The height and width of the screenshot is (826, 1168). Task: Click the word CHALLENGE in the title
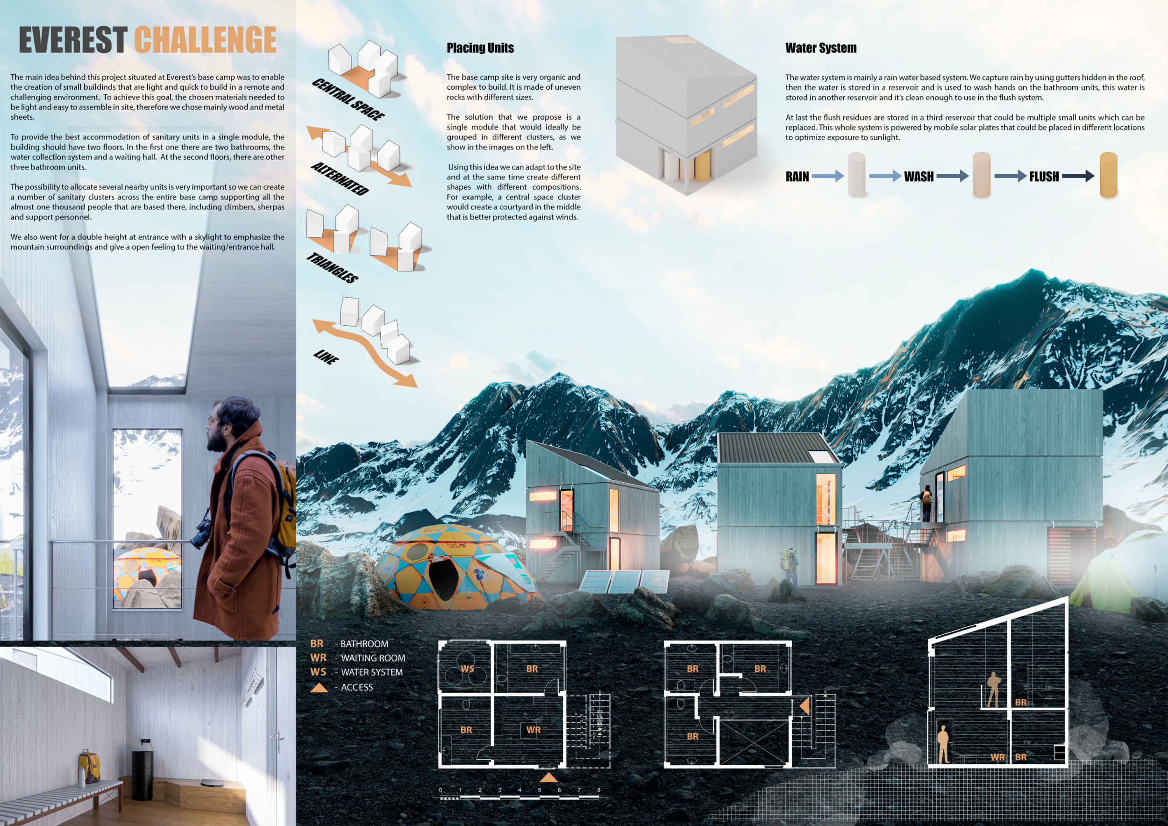(x=206, y=40)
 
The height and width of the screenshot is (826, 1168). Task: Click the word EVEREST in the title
(x=73, y=40)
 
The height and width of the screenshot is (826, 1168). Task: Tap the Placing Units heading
(x=480, y=48)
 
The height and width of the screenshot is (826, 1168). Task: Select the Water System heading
(x=820, y=48)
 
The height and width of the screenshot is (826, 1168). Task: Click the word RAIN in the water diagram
(x=797, y=177)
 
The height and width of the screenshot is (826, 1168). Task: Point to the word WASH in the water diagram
(x=919, y=177)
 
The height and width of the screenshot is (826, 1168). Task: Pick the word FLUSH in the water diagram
(x=1044, y=177)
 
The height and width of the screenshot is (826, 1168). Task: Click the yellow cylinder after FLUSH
(x=1109, y=174)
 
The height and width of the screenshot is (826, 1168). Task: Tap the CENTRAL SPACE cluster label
(x=349, y=100)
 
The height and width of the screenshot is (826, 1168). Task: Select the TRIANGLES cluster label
(x=332, y=268)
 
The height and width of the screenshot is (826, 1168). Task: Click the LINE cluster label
(x=326, y=357)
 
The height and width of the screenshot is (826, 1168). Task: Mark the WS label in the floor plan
(x=467, y=669)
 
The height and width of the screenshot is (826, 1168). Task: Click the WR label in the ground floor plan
(x=533, y=730)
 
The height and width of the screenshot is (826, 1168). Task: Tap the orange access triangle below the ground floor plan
(x=548, y=778)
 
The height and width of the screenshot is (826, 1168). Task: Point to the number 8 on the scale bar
(x=599, y=790)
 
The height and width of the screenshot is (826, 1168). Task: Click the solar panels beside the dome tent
(x=625, y=581)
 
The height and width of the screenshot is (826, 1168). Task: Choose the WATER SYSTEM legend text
(x=372, y=672)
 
